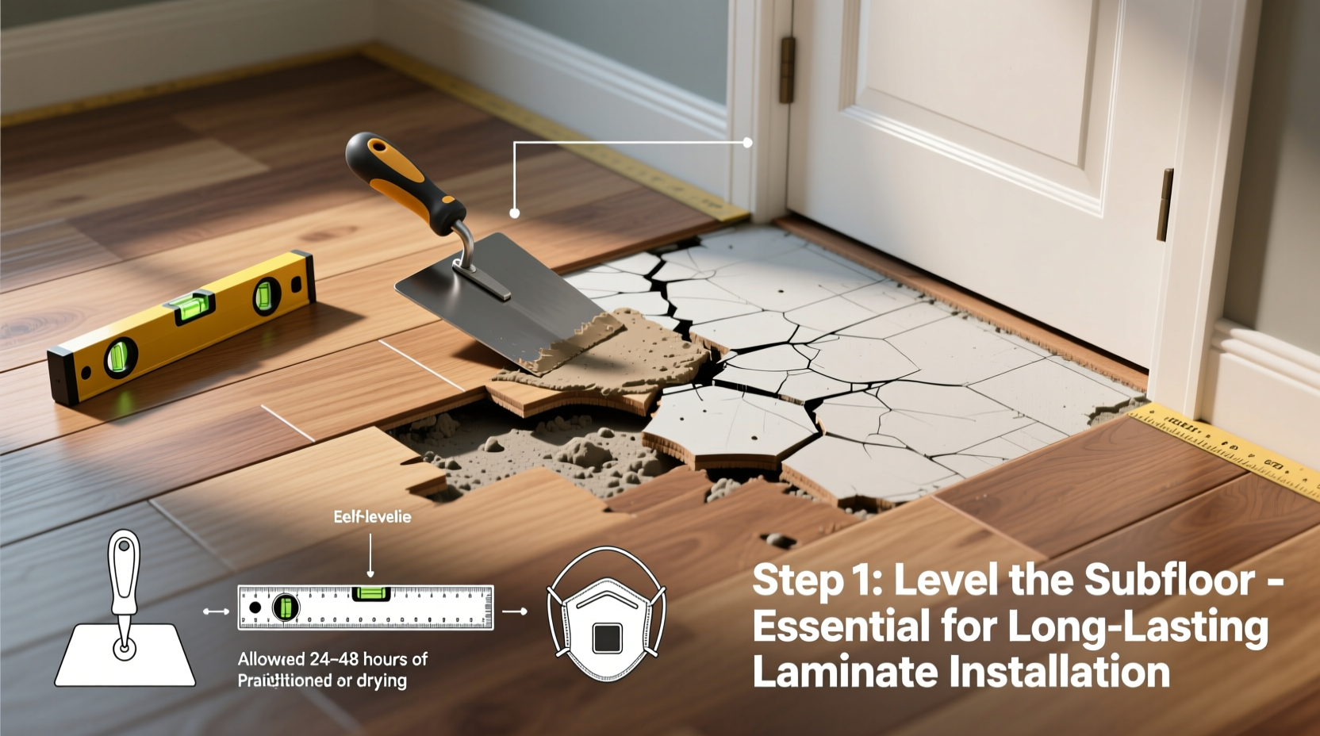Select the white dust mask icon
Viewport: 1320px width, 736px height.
(x=607, y=615)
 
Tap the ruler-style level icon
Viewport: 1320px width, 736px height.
(x=366, y=608)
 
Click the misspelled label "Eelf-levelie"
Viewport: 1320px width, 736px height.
(x=372, y=517)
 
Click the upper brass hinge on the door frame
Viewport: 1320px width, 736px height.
(x=787, y=70)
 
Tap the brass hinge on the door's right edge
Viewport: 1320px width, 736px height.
(x=1165, y=205)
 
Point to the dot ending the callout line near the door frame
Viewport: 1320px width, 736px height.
(x=747, y=143)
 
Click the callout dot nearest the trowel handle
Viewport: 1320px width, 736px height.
(x=514, y=213)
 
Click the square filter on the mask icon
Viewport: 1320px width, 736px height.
(x=607, y=638)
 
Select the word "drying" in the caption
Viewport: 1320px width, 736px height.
(x=382, y=680)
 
